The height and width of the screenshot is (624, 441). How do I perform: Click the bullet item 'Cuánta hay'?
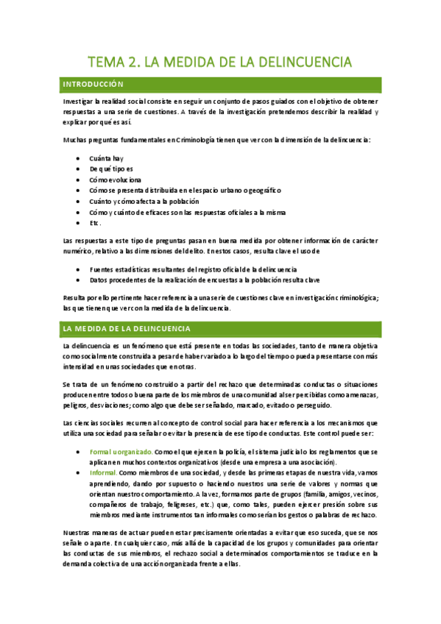tap(106, 158)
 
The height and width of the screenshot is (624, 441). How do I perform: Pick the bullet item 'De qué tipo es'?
tap(111, 169)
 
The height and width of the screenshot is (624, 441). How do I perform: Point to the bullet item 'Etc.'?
tap(95, 222)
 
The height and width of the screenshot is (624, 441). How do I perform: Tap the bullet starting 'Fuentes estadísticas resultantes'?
tap(192, 269)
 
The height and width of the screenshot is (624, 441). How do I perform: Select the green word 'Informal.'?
tap(103, 472)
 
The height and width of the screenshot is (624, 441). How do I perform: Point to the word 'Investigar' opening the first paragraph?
tap(80, 101)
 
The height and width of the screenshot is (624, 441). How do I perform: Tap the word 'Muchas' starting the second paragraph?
tap(76, 139)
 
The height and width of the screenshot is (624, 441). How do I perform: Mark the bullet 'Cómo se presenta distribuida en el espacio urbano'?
tap(185, 190)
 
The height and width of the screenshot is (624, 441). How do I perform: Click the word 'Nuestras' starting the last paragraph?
tap(79, 531)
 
